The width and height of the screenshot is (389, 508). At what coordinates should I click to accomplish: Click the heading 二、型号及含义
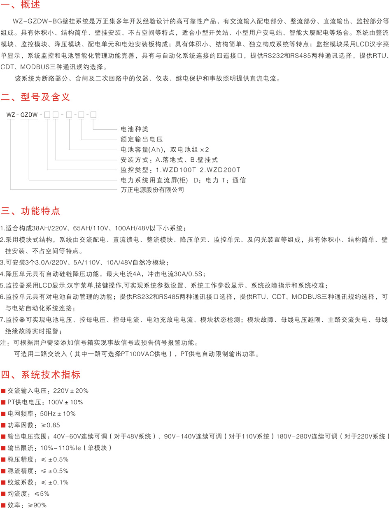tap(36, 97)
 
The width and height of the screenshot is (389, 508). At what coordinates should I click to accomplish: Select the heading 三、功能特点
tap(30, 211)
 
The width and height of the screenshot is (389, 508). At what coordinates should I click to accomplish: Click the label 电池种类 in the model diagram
tap(131, 129)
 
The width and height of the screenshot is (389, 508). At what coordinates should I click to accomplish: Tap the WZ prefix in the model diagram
tap(10, 114)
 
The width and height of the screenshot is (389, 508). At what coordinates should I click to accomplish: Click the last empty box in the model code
tap(93, 114)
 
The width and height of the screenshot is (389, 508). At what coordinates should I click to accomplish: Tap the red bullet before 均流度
tap(3, 494)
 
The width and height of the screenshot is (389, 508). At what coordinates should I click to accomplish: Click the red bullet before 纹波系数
tap(3, 482)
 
